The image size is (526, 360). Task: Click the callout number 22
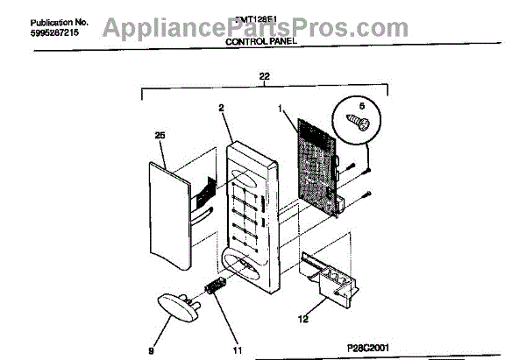pyautogui.click(x=265, y=78)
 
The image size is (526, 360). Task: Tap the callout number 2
pyautogui.click(x=221, y=109)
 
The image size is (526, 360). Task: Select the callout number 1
pyautogui.click(x=281, y=109)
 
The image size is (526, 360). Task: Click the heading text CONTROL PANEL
pyautogui.click(x=263, y=41)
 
